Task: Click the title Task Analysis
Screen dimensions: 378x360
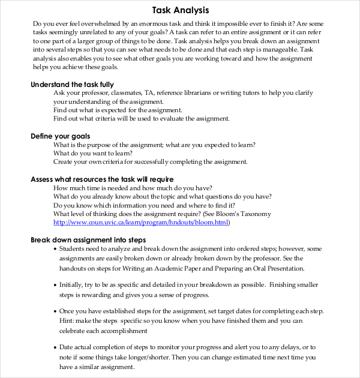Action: pos(180,10)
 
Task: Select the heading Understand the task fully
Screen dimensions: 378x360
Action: pos(72,85)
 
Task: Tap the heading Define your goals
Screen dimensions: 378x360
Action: pos(60,136)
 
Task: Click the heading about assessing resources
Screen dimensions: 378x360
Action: pos(102,179)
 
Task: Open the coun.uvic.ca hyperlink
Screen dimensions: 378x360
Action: pos(141,223)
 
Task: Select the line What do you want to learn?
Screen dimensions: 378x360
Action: pos(93,154)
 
